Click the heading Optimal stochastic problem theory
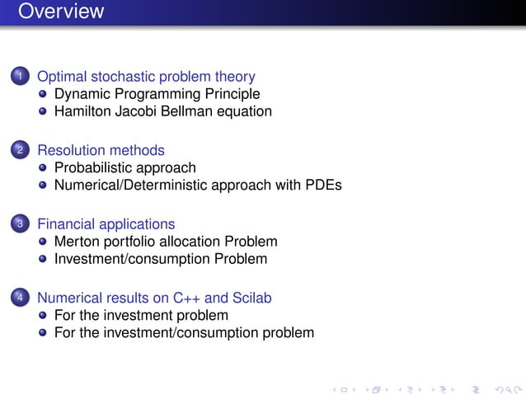[x=146, y=77]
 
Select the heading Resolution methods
[x=101, y=150]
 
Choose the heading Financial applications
[x=106, y=224]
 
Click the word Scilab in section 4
[x=251, y=298]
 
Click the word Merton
[x=77, y=242]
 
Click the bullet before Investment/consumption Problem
[x=43, y=259]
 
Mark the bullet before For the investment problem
[x=43, y=316]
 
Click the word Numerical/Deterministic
[x=129, y=185]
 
